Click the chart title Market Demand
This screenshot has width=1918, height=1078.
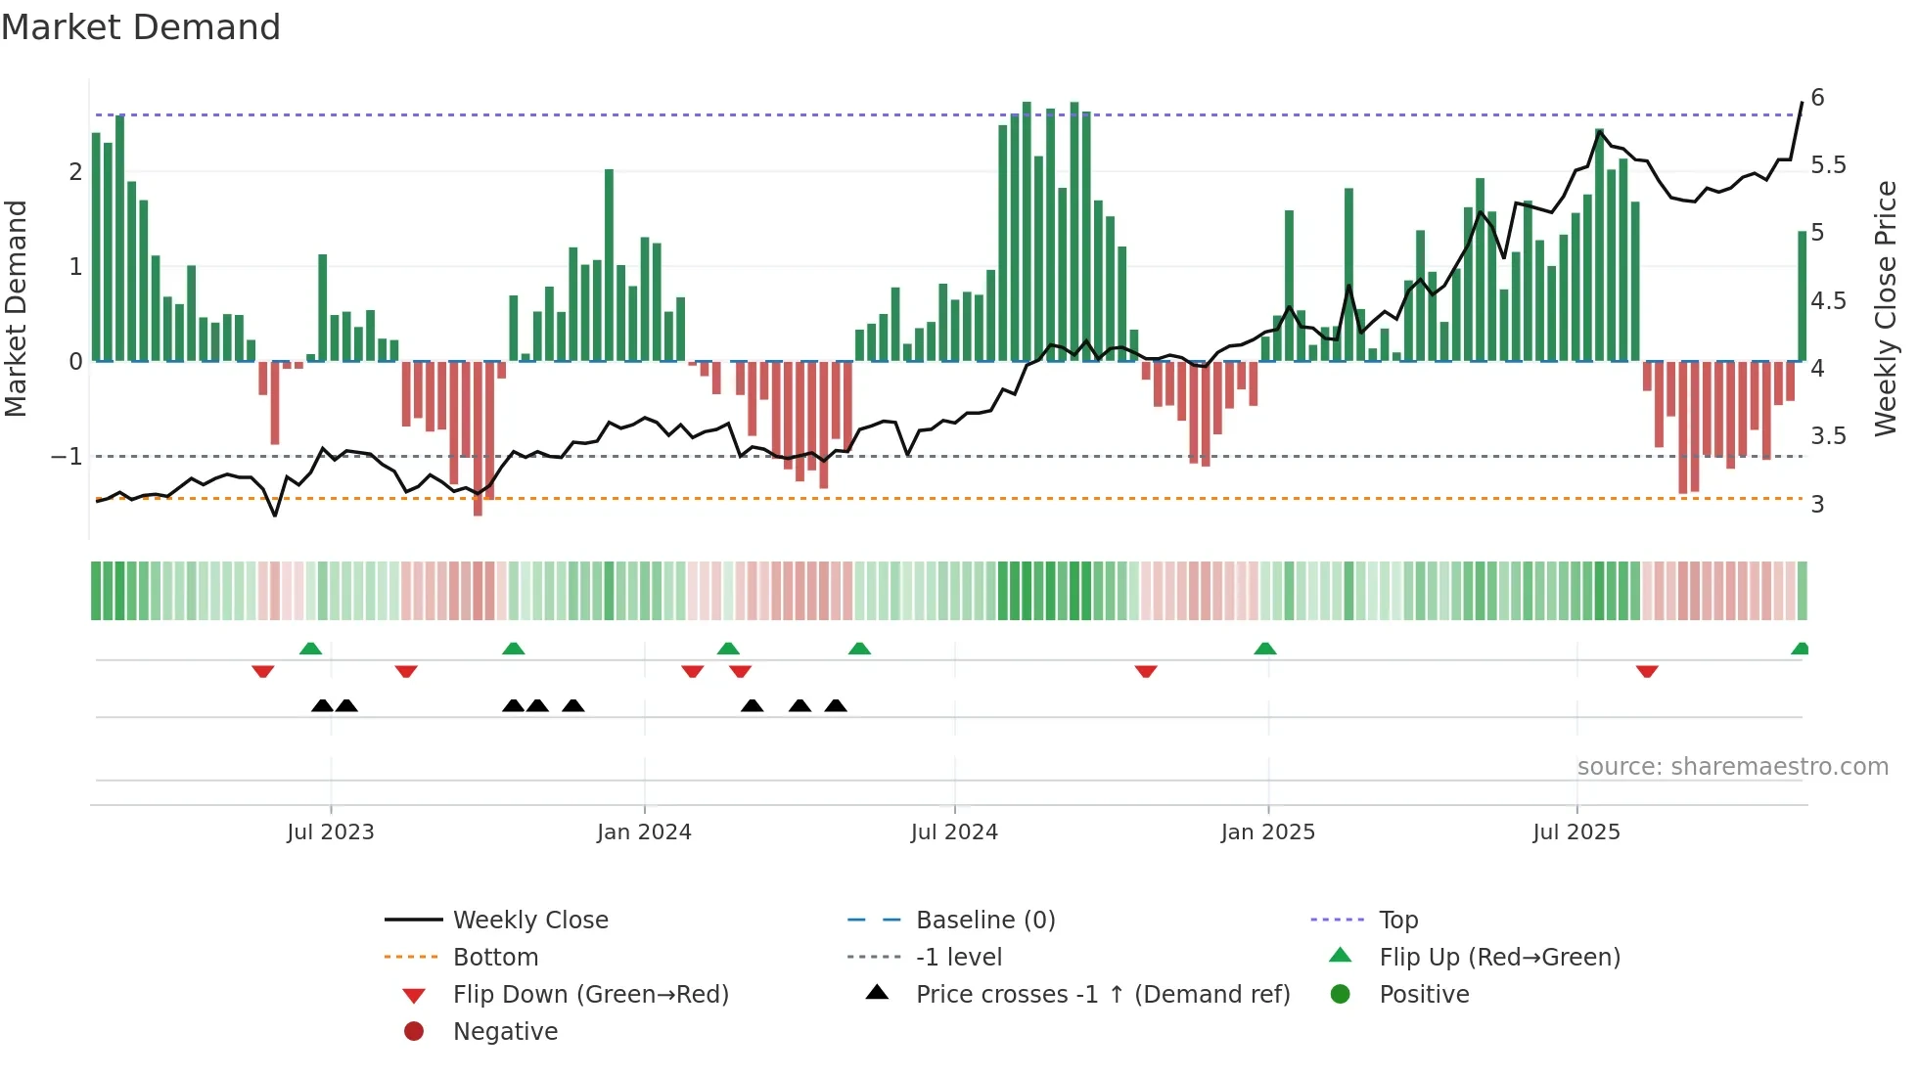click(141, 27)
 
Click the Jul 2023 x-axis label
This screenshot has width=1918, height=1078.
click(331, 831)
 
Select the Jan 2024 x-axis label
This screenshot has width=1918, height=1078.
click(644, 831)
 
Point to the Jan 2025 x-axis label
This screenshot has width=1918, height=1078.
click(1268, 831)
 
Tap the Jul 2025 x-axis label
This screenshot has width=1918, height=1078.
click(1576, 831)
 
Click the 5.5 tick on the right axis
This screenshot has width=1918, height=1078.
click(1828, 164)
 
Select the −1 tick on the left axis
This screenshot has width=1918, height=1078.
click(67, 457)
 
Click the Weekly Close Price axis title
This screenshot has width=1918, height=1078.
click(1885, 308)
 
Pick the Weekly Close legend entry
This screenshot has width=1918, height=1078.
click(530, 920)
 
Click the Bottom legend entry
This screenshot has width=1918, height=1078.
click(495, 957)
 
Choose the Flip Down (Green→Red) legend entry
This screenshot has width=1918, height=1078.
click(590, 994)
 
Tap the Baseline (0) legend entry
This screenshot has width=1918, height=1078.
click(985, 920)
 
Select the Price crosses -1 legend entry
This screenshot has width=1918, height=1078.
click(1103, 994)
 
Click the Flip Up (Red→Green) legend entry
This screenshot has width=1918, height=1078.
click(1499, 957)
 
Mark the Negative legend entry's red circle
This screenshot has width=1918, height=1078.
click(414, 1031)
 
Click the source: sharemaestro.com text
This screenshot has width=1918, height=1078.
click(1732, 766)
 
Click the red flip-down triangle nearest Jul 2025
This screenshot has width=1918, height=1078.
click(1647, 671)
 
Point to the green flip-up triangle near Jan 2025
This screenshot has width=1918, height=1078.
click(1265, 649)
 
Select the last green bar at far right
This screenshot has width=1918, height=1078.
click(1802, 295)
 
